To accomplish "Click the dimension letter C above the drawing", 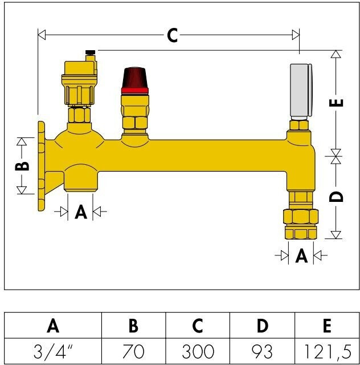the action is tap(173, 35).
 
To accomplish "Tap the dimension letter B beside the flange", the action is tap(22, 166).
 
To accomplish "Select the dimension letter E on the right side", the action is tap(336, 103).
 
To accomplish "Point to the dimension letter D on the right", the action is tap(336, 197).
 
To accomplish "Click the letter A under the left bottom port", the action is tap(81, 212).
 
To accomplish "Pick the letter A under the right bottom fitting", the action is tap(301, 255).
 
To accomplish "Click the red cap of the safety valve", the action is tap(135, 80).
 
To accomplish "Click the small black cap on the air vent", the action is tap(90, 52).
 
